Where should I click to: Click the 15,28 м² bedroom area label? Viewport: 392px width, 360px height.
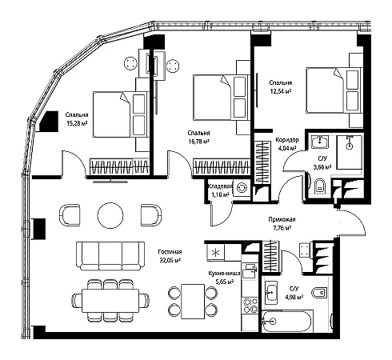tap(77, 123)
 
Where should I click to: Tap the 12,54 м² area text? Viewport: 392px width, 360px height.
tap(280, 91)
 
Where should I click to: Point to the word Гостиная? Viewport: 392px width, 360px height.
tap(170, 252)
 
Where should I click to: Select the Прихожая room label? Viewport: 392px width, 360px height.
tap(282, 219)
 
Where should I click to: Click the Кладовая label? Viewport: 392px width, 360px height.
tap(220, 186)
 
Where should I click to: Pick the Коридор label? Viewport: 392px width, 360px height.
tap(287, 140)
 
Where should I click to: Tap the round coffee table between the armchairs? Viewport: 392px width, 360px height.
tap(110, 215)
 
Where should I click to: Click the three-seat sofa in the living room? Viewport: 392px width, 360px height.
tap(110, 256)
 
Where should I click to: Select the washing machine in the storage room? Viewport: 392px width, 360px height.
tap(242, 188)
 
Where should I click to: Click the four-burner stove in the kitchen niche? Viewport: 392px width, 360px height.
tap(250, 305)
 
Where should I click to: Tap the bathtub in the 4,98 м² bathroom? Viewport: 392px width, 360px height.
tap(287, 321)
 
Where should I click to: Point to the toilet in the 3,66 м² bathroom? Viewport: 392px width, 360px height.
tap(319, 187)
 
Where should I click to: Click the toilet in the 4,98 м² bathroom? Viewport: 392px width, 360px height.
tap(319, 293)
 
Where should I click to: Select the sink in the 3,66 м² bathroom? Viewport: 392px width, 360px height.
tap(319, 142)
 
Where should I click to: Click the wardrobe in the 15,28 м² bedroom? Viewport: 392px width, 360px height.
tap(119, 166)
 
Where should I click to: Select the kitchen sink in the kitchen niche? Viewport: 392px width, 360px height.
tap(250, 271)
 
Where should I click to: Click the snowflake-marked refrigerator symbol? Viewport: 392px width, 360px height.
tap(215, 253)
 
